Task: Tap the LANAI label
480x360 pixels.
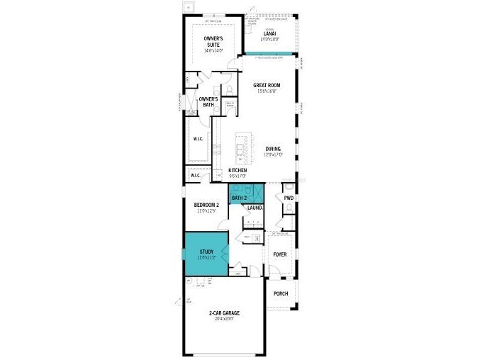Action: tap(270, 33)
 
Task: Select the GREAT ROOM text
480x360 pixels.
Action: tap(268, 86)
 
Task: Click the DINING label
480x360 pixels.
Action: tap(273, 149)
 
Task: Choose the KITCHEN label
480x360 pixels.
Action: tap(238, 171)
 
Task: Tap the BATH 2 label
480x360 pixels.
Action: tap(239, 198)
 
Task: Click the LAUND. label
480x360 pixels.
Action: tap(255, 208)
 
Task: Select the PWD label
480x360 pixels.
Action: tap(289, 198)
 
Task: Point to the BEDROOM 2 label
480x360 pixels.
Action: tap(207, 205)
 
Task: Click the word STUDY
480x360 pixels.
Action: tap(206, 251)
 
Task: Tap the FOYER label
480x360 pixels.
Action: tap(281, 253)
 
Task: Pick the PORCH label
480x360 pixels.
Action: tap(281, 293)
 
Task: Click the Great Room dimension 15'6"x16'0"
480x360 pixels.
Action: tap(268, 91)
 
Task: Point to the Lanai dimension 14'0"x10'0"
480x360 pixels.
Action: tap(270, 39)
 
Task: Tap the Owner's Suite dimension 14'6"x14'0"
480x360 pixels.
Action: tap(213, 50)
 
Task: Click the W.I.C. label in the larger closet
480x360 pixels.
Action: tap(199, 139)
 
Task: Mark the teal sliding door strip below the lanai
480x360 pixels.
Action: tap(270, 54)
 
